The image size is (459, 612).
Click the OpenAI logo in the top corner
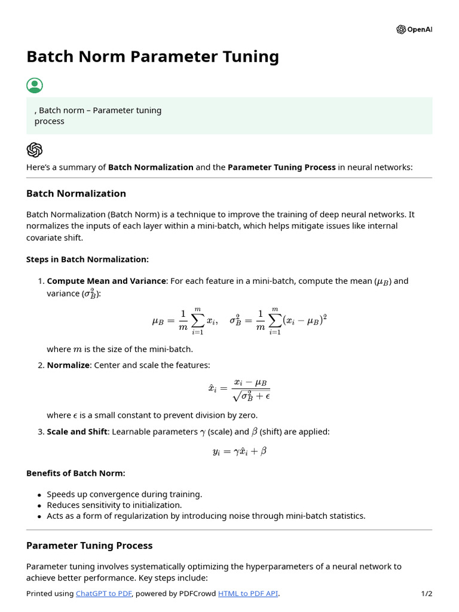click(x=414, y=29)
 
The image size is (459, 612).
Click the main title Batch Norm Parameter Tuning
click(x=152, y=57)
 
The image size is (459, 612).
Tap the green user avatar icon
click(x=35, y=85)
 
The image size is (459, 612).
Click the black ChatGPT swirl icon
click(x=35, y=149)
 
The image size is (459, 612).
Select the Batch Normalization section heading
click(x=76, y=193)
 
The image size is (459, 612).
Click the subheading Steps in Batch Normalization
click(x=87, y=259)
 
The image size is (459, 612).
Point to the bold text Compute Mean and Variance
click(x=106, y=281)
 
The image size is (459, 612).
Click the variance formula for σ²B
click(x=278, y=321)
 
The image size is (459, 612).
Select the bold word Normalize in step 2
click(x=68, y=365)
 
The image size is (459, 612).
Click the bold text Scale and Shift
click(x=77, y=432)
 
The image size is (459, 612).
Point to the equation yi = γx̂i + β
click(x=239, y=451)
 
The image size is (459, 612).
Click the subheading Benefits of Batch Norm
click(x=76, y=473)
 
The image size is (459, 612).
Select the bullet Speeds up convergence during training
click(x=124, y=494)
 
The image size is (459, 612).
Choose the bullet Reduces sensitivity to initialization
click(x=114, y=505)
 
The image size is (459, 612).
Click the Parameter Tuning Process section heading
click(x=89, y=545)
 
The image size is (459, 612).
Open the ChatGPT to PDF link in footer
click(x=104, y=593)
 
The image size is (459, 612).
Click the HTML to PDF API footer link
click(x=248, y=593)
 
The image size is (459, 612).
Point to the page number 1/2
click(x=426, y=593)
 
